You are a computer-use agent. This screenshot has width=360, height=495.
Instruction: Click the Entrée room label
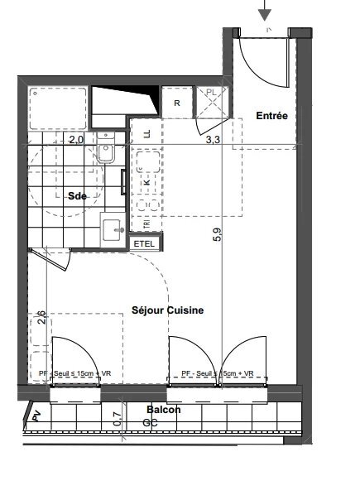pyautogui.click(x=271, y=116)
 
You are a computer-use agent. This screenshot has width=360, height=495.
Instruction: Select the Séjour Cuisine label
pyautogui.click(x=167, y=310)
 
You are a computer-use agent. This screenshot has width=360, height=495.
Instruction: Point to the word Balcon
pyautogui.click(x=164, y=410)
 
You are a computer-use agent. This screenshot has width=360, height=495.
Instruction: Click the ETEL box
pyautogui.click(x=144, y=243)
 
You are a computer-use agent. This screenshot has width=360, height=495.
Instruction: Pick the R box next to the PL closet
pyautogui.click(x=177, y=103)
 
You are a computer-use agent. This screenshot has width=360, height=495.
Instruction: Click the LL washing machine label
pyautogui.click(x=147, y=132)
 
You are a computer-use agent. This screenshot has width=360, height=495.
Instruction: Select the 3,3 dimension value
pyautogui.click(x=213, y=140)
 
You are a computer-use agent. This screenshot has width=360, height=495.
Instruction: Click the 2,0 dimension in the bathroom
pyautogui.click(x=76, y=140)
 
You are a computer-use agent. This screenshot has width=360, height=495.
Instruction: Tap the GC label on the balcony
pyautogui.click(x=150, y=422)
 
